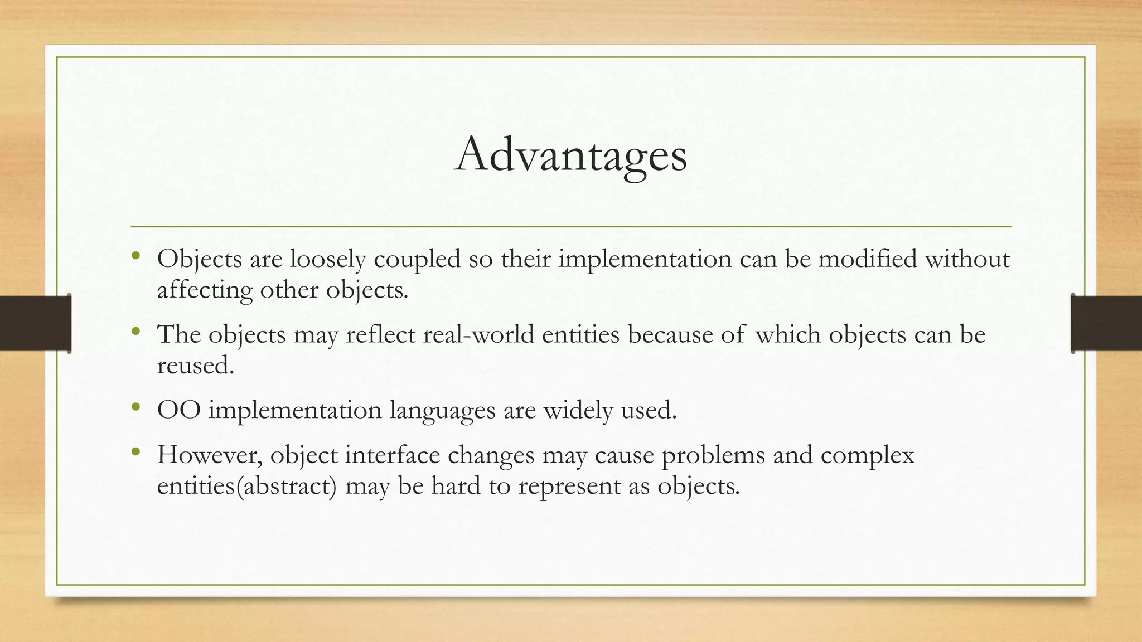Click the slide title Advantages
point(570,155)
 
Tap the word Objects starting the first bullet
point(199,259)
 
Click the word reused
point(195,366)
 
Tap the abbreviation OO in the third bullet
point(178,411)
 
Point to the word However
point(210,455)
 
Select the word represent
point(569,487)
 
